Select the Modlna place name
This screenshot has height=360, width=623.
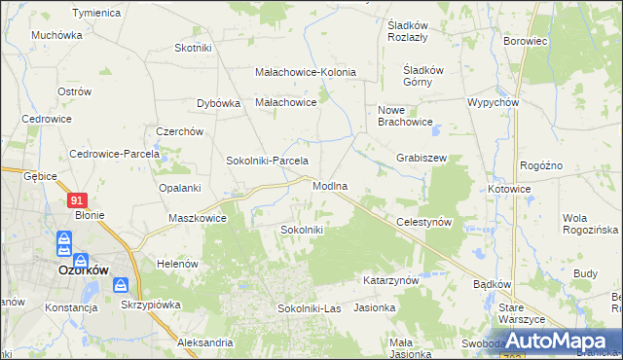(x=331, y=185)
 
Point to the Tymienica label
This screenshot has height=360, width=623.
(x=96, y=13)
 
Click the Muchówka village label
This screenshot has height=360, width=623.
(x=56, y=34)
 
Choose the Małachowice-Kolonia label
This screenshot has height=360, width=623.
(x=306, y=72)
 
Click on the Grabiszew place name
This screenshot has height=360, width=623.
(x=421, y=157)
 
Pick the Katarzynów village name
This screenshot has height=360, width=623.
(x=390, y=280)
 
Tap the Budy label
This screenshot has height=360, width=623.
(x=585, y=273)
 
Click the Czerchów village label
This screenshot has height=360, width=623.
(x=179, y=131)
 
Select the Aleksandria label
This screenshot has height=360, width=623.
(x=205, y=342)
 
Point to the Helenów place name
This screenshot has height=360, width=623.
(x=177, y=264)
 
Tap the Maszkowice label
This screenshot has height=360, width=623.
(x=198, y=218)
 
